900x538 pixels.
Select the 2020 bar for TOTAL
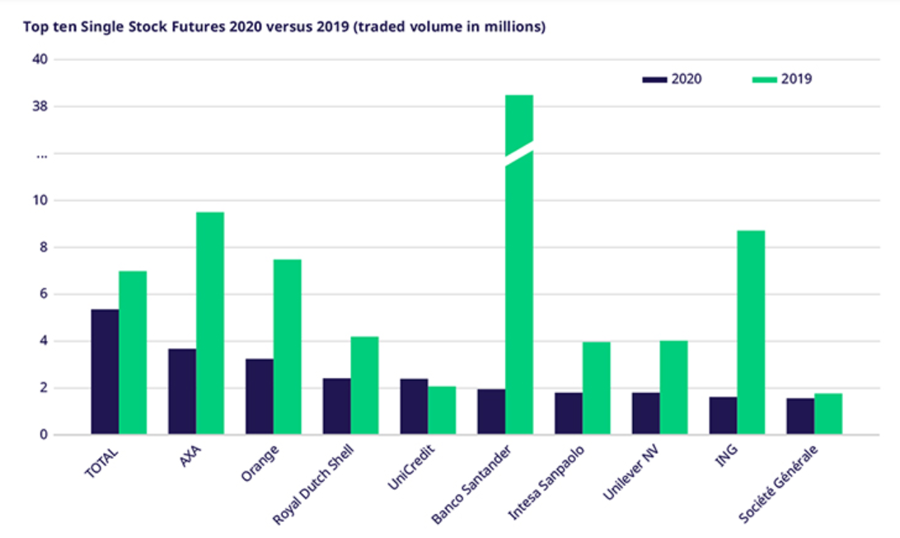[x=105, y=372]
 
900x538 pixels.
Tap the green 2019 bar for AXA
[x=210, y=323]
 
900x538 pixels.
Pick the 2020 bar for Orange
[x=260, y=396]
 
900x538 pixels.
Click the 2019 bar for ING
[x=751, y=332]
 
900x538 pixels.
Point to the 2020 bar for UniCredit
[x=414, y=406]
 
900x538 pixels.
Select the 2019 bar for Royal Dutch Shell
[x=364, y=385]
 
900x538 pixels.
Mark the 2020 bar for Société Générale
[x=800, y=416]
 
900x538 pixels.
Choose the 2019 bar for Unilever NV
[x=673, y=387]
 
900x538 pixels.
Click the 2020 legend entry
[x=672, y=79]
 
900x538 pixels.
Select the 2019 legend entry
[x=782, y=79]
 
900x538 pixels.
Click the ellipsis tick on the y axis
[x=41, y=154]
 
